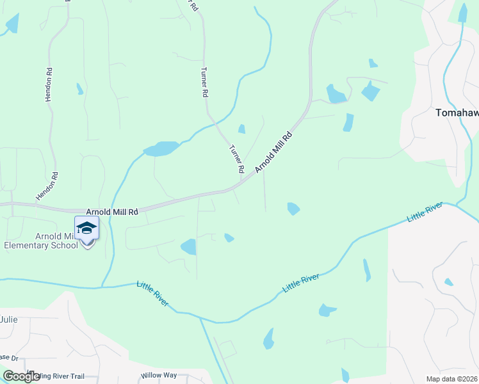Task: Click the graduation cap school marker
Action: click(x=86, y=228)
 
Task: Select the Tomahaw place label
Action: click(x=457, y=113)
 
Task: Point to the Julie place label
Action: click(x=9, y=319)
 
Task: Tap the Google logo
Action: click(x=21, y=376)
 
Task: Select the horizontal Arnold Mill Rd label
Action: click(x=112, y=211)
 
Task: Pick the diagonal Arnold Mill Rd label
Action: click(x=273, y=152)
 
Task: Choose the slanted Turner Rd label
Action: click(x=237, y=159)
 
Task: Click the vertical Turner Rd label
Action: click(x=204, y=82)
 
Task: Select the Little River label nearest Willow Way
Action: click(x=152, y=293)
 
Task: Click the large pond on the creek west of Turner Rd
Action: click(x=161, y=149)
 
